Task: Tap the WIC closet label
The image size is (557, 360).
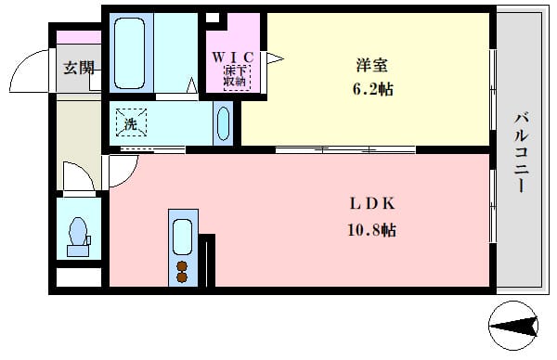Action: coord(233,58)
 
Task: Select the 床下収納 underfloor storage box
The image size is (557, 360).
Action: coord(237,77)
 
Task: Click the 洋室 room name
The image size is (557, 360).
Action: coord(372,66)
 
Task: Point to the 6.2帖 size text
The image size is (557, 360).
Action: coord(372,89)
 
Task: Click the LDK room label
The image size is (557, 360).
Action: coord(372,204)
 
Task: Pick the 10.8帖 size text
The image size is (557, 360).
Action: coord(371,231)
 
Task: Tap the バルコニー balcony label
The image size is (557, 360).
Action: coord(522,153)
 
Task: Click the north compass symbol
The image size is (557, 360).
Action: coord(513,326)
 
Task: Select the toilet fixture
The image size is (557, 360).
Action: coord(78,237)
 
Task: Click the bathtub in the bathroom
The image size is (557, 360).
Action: coord(129,53)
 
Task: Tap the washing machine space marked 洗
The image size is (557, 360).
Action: coord(131,122)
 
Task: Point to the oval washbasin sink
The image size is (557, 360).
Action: coord(223,123)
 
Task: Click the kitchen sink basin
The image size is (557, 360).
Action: coord(183,237)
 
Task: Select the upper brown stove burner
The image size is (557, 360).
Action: coord(182,266)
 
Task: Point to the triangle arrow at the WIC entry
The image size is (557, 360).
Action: coord(275,58)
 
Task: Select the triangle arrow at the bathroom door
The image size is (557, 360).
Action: coord(192,85)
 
